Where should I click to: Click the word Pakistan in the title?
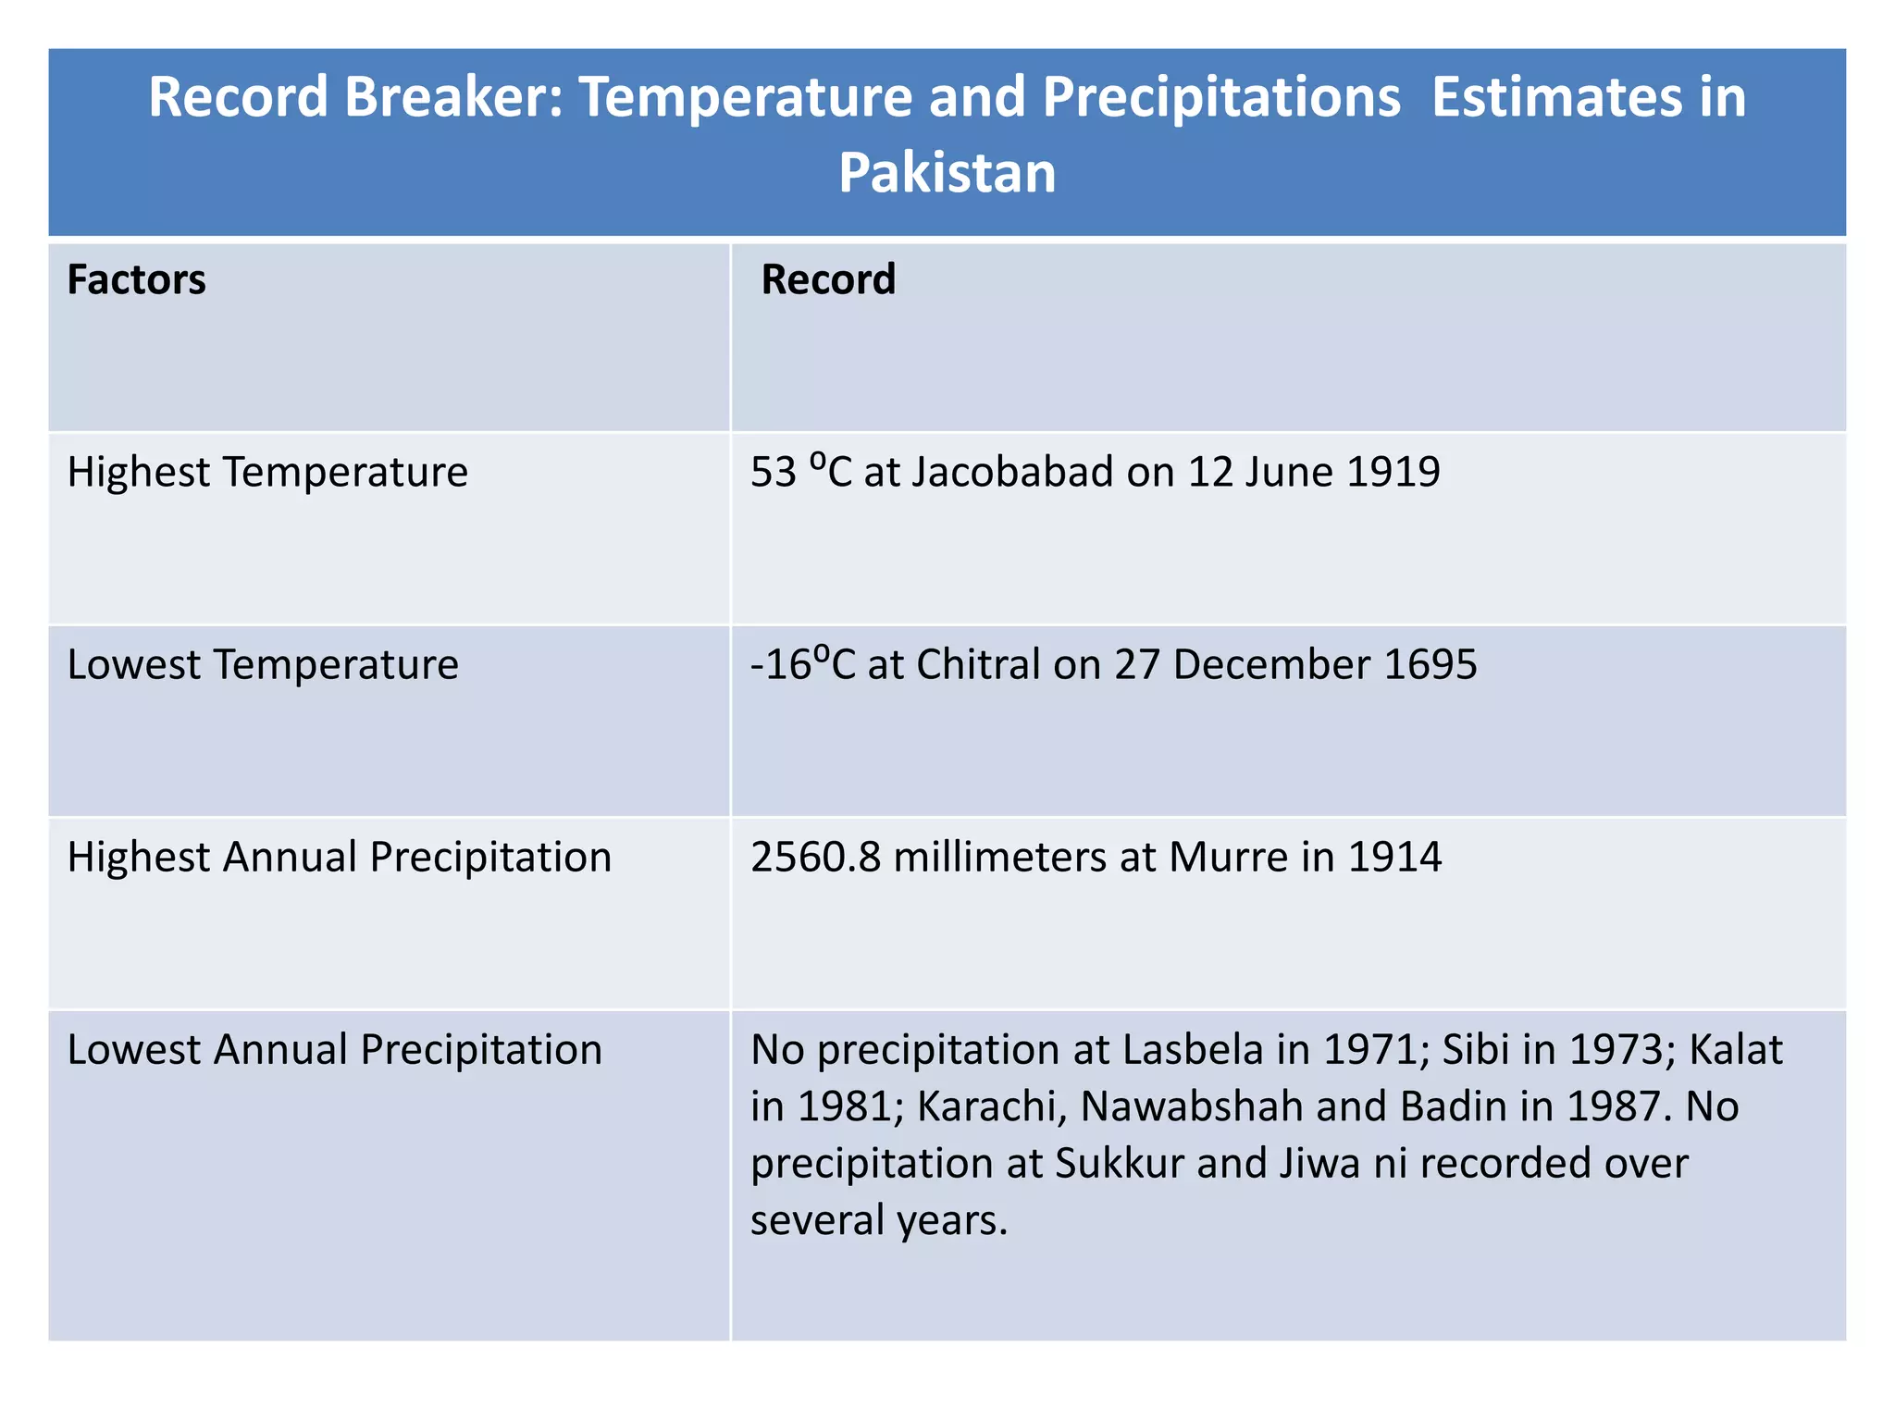[947, 173]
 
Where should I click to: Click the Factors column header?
[136, 280]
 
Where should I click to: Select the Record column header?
[828, 280]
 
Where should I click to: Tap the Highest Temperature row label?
[267, 473]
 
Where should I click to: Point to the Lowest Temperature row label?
[263, 665]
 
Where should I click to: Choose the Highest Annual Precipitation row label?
[340, 858]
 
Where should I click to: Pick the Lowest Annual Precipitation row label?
[335, 1050]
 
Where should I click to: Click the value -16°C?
[802, 665]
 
